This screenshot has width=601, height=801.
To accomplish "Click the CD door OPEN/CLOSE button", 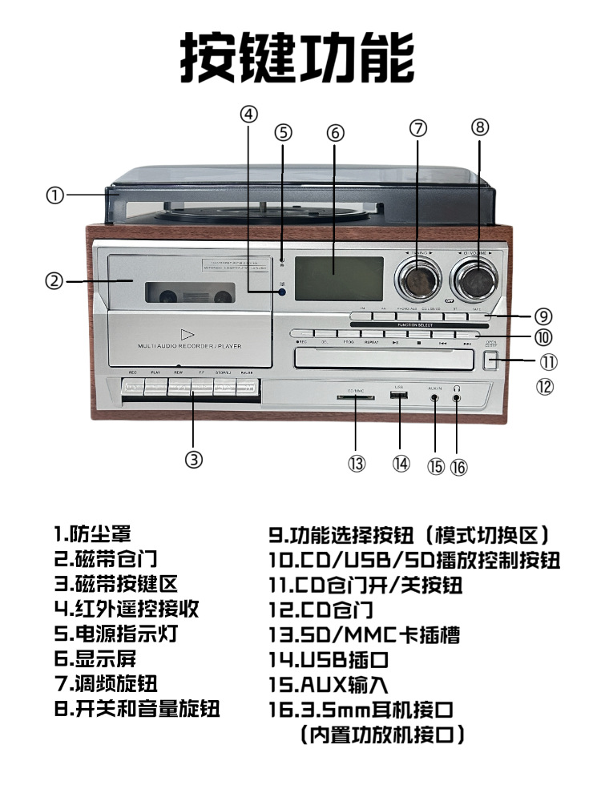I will [x=491, y=361].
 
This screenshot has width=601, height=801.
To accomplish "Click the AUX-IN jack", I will [x=435, y=396].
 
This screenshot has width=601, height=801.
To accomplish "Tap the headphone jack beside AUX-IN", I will [x=456, y=396].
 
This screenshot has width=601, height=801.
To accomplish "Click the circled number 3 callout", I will [x=194, y=459].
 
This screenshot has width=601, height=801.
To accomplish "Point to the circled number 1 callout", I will [x=54, y=195].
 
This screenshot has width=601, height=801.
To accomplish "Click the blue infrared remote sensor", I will [x=283, y=292].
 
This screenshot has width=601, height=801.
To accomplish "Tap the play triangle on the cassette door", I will [x=187, y=334].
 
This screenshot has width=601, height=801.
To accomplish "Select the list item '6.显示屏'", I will [x=95, y=658].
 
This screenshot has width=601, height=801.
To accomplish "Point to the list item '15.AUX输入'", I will [x=329, y=685].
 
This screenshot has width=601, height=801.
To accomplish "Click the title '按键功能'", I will [x=297, y=57].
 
